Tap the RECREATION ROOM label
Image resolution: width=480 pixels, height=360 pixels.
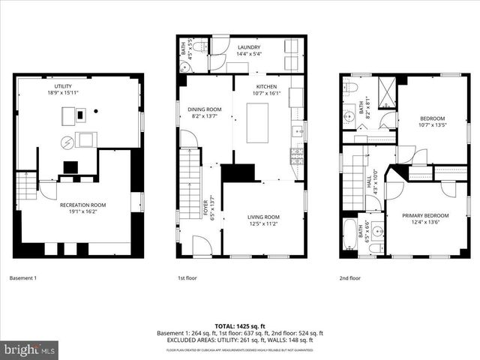pyautogui.click(x=82, y=205)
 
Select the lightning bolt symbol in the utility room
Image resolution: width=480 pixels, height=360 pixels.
pyautogui.click(x=65, y=141)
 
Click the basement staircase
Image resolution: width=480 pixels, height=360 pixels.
pyautogui.click(x=26, y=185)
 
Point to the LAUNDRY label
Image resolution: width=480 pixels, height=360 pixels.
pyautogui.click(x=248, y=47)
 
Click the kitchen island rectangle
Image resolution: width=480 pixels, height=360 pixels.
pyautogui.click(x=257, y=118)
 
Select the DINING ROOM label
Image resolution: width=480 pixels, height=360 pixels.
pyautogui.click(x=204, y=109)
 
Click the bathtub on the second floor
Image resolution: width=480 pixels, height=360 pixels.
pyautogui.click(x=350, y=235)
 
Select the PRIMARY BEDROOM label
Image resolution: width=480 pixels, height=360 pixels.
pyautogui.click(x=425, y=214)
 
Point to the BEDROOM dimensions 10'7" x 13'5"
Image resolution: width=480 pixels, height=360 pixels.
pyautogui.click(x=432, y=124)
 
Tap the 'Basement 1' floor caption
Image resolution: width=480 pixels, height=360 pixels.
pyautogui.click(x=22, y=278)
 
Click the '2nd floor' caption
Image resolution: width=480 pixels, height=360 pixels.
pyautogui.click(x=349, y=278)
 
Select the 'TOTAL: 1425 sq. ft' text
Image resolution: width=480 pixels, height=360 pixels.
pyautogui.click(x=240, y=326)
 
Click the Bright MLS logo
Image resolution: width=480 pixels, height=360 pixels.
pyautogui.click(x=30, y=349)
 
